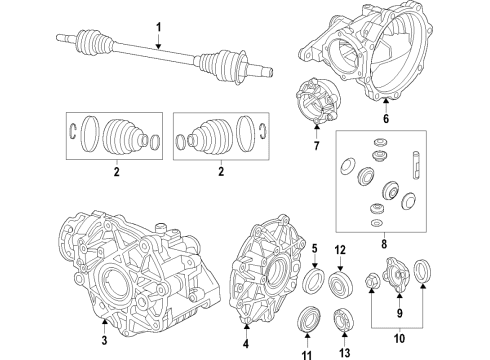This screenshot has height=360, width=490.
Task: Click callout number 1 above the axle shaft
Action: [x=156, y=17]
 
